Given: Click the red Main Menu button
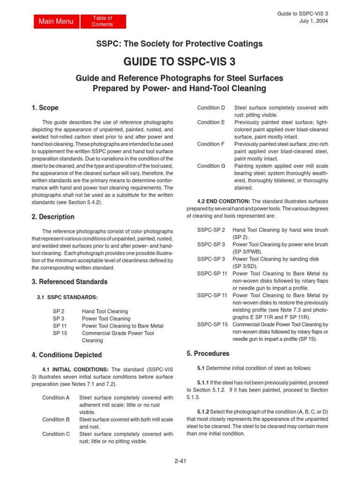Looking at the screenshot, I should coord(56,22).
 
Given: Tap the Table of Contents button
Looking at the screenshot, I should coord(102,21).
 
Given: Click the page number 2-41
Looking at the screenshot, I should coord(180,460).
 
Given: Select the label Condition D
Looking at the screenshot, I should coord(211,108).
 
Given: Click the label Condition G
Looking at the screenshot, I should coord(211,166).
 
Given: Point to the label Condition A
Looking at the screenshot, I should coord(56,397).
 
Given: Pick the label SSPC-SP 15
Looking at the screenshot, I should coord(212,324).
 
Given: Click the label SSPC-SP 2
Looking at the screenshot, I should coord(211,230).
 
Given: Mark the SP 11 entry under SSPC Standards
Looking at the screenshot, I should coord(59,326).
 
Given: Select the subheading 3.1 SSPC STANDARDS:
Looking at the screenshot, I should coord(67,297).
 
